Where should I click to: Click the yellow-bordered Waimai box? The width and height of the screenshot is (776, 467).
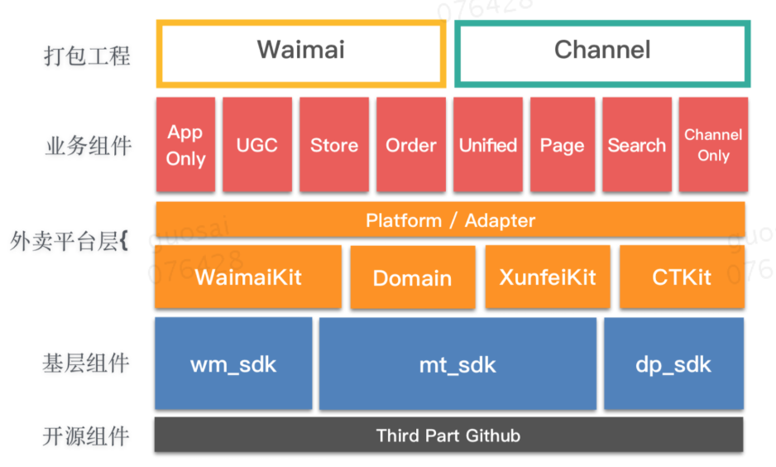click(x=301, y=22)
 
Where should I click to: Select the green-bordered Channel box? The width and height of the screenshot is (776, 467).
click(x=602, y=23)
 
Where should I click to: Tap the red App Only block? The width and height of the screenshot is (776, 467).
click(x=185, y=145)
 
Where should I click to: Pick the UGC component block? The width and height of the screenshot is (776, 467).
click(x=256, y=145)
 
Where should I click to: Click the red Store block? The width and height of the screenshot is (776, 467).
click(x=334, y=145)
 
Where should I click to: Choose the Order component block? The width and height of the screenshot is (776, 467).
click(x=411, y=145)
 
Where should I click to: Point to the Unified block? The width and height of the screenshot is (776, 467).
click(x=488, y=145)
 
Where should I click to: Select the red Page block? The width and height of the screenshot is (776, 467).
click(x=563, y=145)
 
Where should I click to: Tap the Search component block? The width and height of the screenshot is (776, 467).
click(x=637, y=145)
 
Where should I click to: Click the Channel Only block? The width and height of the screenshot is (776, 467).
click(x=713, y=145)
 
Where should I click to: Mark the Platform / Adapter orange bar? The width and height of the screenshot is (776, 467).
click(x=450, y=219)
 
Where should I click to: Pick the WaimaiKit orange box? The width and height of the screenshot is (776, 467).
click(x=248, y=277)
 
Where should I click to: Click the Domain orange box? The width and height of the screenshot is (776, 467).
click(x=413, y=277)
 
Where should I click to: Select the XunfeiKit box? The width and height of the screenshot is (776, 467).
click(x=548, y=277)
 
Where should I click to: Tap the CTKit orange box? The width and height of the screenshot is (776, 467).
click(x=682, y=277)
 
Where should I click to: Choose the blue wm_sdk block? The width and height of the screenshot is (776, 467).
click(x=233, y=363)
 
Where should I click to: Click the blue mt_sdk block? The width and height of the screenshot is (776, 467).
click(x=457, y=364)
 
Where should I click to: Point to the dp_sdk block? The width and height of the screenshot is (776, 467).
click(x=673, y=364)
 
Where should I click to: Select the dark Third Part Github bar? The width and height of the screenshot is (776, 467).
click(x=449, y=435)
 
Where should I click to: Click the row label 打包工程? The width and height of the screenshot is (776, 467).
click(x=87, y=55)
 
